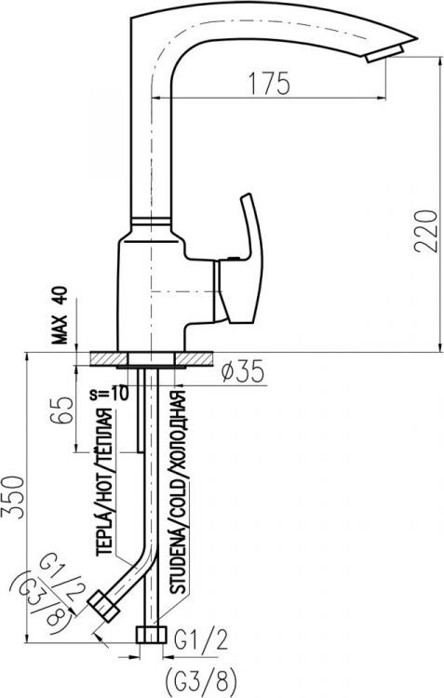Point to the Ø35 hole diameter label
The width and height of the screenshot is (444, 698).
[x=244, y=372]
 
